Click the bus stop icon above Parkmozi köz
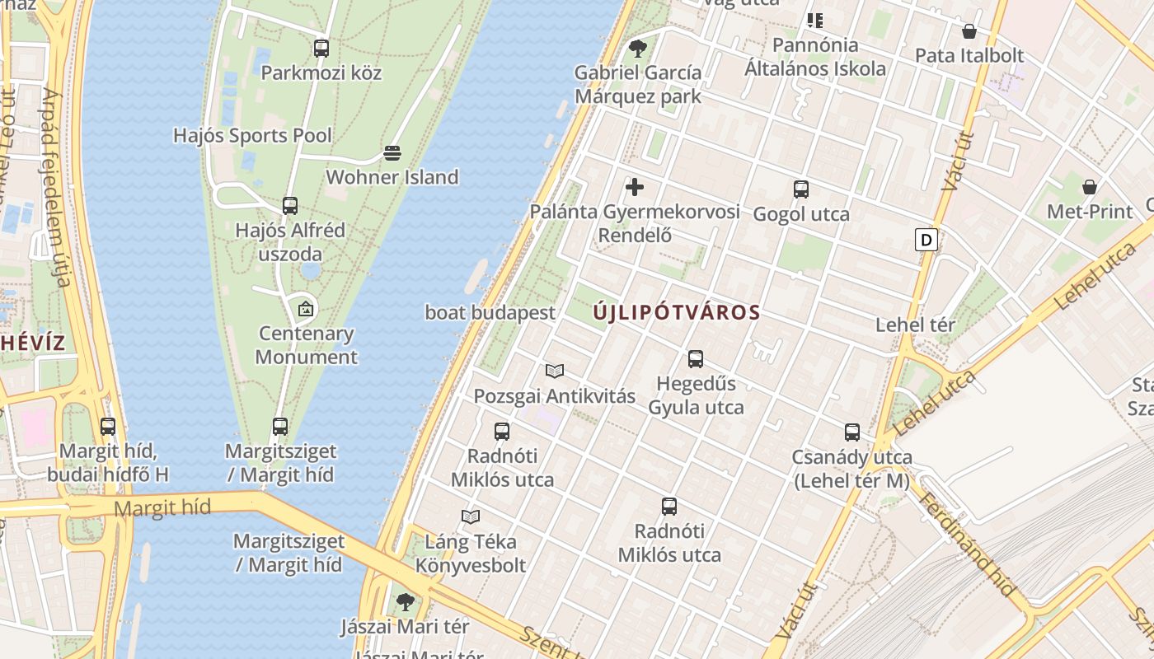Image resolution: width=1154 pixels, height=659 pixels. point(321,49)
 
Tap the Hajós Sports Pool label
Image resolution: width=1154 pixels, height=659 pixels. point(252,135)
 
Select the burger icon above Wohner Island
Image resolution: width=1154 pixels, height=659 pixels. point(392,153)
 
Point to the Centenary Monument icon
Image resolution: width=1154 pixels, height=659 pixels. point(306,310)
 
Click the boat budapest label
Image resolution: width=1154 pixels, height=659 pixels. point(490,313)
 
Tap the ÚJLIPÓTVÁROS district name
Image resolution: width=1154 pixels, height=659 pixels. point(676,313)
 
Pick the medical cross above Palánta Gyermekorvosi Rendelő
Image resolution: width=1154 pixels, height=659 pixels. point(635,187)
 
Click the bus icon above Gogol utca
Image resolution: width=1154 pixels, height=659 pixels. point(801,189)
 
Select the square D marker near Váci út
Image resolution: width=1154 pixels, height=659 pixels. point(926,240)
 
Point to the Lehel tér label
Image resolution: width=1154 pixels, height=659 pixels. point(915,325)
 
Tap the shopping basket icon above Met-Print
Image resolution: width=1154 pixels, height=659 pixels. point(1090,187)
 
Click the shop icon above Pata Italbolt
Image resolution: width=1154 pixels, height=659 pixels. point(969,31)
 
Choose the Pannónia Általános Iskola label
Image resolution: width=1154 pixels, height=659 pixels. point(815,56)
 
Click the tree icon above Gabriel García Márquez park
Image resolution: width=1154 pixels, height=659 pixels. point(637,48)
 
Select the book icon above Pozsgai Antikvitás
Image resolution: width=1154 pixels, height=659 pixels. point(555,372)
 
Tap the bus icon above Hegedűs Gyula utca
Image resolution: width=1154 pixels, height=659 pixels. point(696,359)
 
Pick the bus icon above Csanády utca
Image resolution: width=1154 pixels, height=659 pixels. point(852,432)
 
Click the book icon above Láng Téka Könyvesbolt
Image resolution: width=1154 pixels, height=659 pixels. point(471,516)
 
